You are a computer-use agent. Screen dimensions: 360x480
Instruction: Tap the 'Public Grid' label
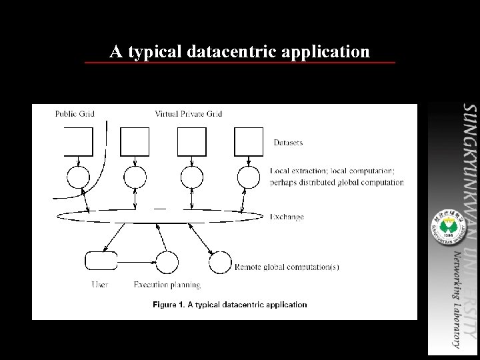[75, 113]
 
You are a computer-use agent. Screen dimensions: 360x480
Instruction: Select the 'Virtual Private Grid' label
[188, 113]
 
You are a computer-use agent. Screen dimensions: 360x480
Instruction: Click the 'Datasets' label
[288, 142]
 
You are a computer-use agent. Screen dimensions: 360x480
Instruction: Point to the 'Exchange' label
[287, 216]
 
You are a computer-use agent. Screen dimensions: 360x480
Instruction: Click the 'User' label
[99, 285]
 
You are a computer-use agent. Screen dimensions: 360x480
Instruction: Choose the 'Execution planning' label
[167, 285]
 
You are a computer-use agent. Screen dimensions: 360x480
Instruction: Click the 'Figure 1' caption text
[230, 305]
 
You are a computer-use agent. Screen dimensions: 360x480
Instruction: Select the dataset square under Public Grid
[78, 141]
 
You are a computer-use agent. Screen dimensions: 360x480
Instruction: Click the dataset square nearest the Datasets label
[249, 141]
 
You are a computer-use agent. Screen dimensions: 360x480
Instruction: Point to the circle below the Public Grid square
[78, 177]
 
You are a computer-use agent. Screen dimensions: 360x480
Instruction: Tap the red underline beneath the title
[239, 63]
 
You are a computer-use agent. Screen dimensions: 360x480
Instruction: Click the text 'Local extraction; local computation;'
[337, 171]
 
